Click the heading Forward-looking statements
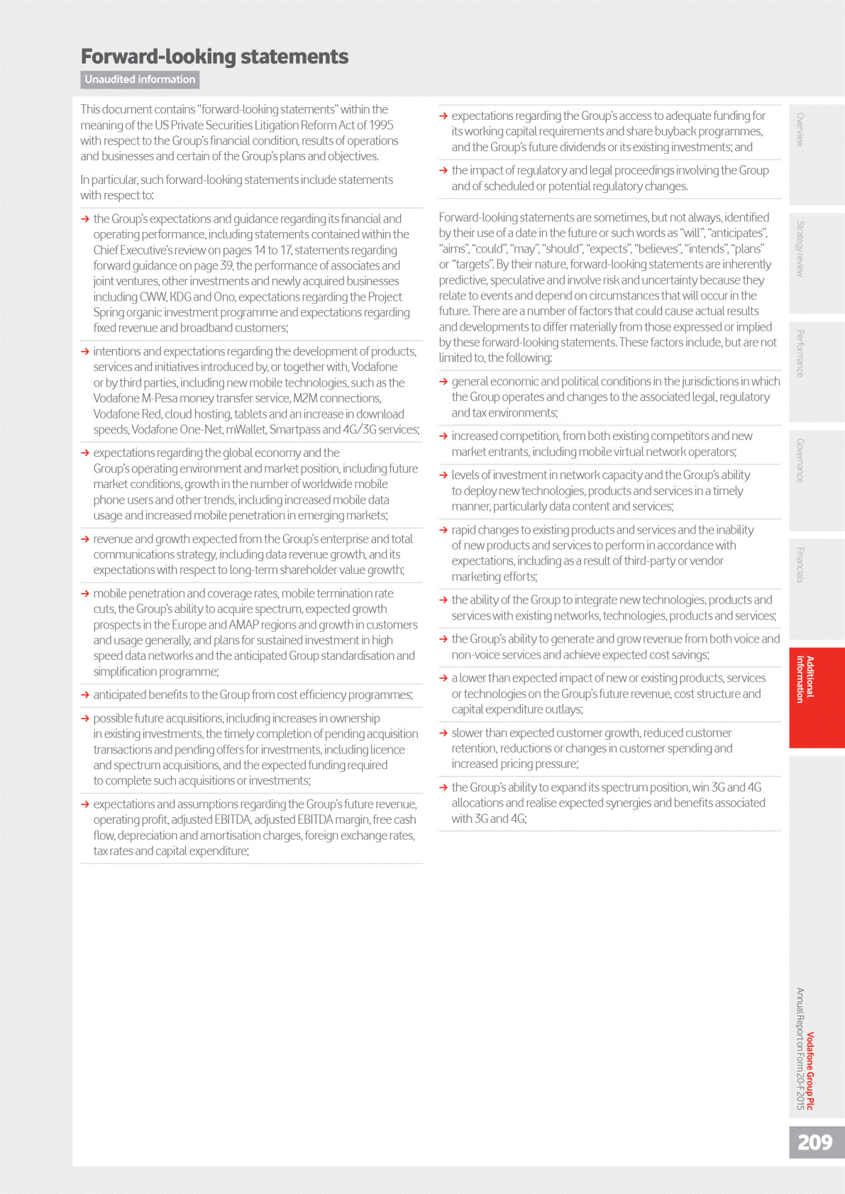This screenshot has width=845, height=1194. coord(214,56)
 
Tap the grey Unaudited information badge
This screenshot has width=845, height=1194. coord(140,79)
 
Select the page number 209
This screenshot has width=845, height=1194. coord(814,1142)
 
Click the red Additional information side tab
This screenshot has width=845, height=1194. coord(805,680)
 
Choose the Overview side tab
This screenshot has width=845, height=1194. coord(800,130)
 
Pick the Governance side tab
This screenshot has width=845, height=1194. coord(800,460)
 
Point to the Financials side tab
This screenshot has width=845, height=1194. coord(800,565)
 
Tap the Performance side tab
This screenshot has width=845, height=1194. coord(800,353)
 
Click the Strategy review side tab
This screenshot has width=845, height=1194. coord(800,248)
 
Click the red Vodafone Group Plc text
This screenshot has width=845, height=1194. coord(810,1071)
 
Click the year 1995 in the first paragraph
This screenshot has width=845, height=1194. coord(380,125)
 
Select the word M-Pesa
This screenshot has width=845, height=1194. coord(160,398)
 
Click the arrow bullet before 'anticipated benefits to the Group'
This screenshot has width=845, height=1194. coord(85,695)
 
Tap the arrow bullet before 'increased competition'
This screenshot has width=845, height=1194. coord(443,436)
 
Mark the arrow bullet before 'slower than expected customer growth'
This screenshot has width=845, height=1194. coord(443,733)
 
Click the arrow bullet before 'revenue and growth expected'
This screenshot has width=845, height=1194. coord(85,539)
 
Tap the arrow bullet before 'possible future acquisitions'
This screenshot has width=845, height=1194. coord(85,719)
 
